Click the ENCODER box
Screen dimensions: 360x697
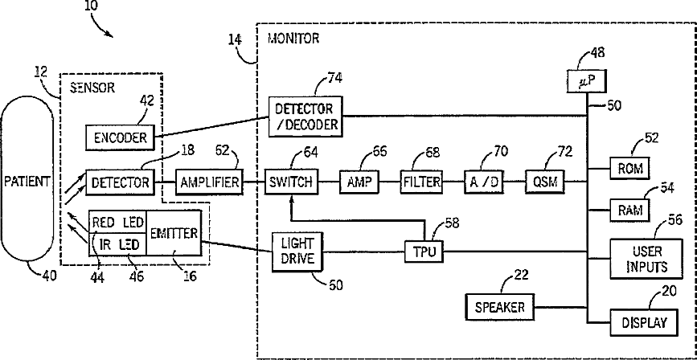pyautogui.click(x=119, y=137)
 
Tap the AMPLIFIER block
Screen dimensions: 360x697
pyautogui.click(x=209, y=182)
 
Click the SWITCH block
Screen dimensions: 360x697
pyautogui.click(x=291, y=182)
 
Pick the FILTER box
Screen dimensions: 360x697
pyautogui.click(x=422, y=182)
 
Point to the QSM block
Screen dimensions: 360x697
pyautogui.click(x=545, y=182)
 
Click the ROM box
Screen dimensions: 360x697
pyautogui.click(x=630, y=170)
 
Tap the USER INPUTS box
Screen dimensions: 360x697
pyautogui.click(x=642, y=257)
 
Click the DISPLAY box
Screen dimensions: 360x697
pyautogui.click(x=643, y=322)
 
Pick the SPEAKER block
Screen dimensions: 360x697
pyautogui.click(x=499, y=307)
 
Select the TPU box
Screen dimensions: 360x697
pyautogui.click(x=422, y=251)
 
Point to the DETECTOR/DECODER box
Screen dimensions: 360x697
pyautogui.click(x=306, y=117)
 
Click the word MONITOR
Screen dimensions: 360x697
pyautogui.click(x=292, y=37)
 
